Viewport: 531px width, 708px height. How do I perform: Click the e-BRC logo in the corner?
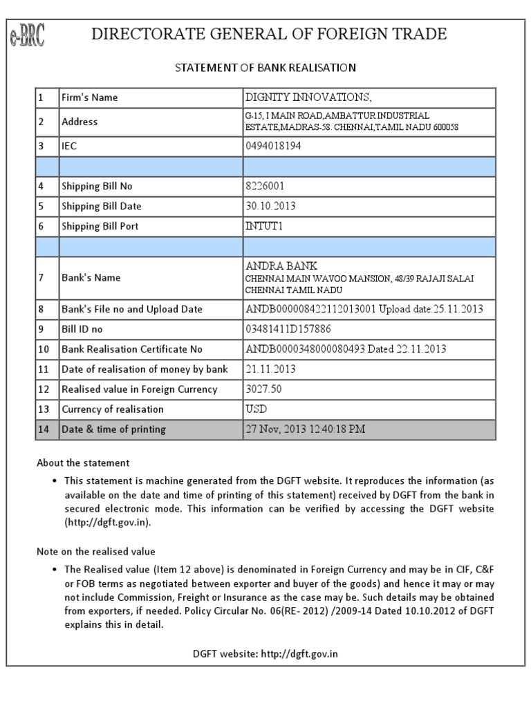point(28,35)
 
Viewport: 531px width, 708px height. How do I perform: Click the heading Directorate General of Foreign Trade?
point(269,34)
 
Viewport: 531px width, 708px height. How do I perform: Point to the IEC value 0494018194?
point(274,146)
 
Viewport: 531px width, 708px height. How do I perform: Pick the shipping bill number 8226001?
point(265,186)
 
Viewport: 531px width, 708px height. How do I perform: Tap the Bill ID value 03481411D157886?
point(288,329)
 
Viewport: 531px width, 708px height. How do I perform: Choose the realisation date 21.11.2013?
point(271,369)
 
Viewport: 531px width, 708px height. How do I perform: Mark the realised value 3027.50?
point(264,389)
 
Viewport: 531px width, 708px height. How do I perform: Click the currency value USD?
point(257,409)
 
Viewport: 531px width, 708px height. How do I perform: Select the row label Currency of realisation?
point(113,409)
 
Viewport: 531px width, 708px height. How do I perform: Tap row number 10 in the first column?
point(44,349)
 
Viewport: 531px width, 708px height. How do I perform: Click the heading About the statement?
point(83,462)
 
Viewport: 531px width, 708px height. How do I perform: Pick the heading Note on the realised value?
point(96,551)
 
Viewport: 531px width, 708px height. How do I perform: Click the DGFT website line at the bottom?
point(265,653)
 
